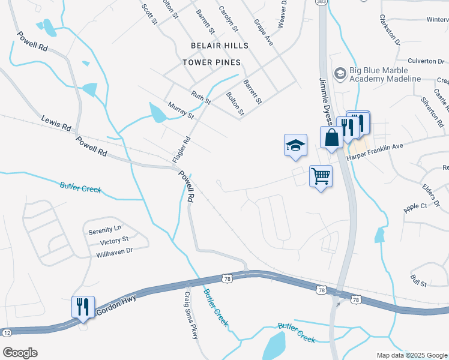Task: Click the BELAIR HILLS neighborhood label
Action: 215,46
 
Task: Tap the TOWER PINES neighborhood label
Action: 212,62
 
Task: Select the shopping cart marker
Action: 321,176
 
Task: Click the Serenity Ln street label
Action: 104,229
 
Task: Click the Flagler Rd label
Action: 181,149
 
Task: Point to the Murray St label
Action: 181,110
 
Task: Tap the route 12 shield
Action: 6,332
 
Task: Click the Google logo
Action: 20,353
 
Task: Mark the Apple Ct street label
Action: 415,206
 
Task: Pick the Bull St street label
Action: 418,280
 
